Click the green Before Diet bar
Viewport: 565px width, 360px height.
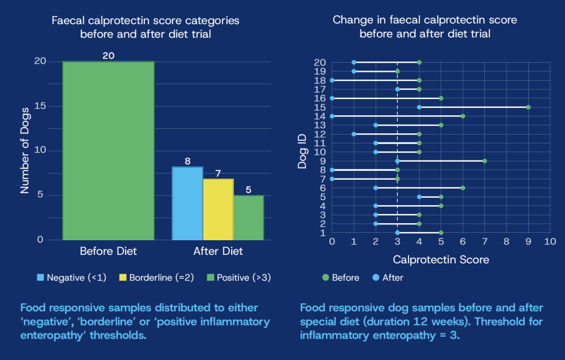click(x=108, y=150)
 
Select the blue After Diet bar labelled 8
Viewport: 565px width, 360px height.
click(x=187, y=203)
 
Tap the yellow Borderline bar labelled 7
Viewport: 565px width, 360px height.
click(x=218, y=209)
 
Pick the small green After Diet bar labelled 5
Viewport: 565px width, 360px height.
click(x=249, y=218)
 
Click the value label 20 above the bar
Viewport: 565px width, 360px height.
click(x=108, y=55)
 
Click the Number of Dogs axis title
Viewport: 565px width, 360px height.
click(x=24, y=150)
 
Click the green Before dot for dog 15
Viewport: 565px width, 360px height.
click(x=528, y=107)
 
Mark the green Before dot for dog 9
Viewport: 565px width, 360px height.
click(x=485, y=161)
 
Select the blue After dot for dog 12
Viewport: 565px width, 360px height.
click(x=354, y=134)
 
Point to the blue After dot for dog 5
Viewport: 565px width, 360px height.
click(x=419, y=197)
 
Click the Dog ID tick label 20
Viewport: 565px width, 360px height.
click(x=320, y=62)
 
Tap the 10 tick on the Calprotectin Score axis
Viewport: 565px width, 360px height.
click(x=550, y=242)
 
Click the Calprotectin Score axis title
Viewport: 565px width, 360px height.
click(x=441, y=260)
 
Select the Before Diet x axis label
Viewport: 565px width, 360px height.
click(x=108, y=251)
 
